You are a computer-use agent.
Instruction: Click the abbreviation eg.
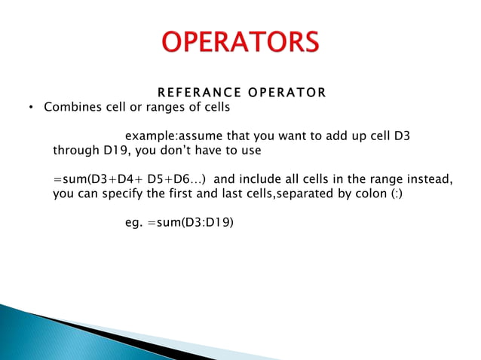pos(133,222)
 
